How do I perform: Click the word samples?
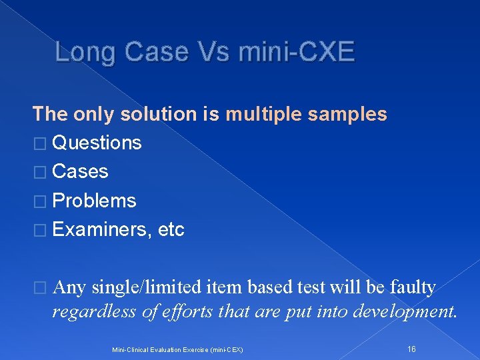coord(351,114)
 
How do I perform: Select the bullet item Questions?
coord(97,143)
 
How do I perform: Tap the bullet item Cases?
coord(80,171)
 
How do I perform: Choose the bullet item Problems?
coord(94,201)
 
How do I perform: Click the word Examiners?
coord(100,230)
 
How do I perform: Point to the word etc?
coord(171,230)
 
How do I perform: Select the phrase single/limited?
coord(146,288)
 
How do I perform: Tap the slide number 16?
coord(411,349)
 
